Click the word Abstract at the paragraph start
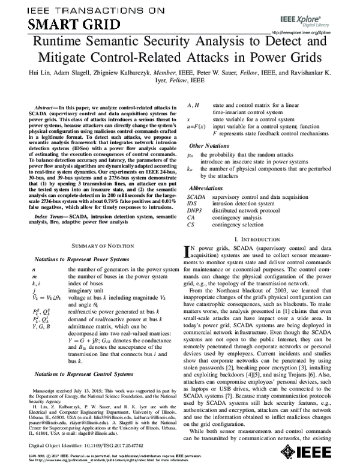point(48,106)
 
